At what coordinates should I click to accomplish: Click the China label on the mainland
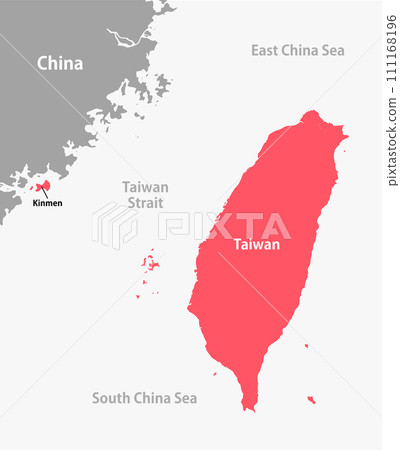[x=60, y=63]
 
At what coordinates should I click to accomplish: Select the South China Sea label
[x=144, y=398]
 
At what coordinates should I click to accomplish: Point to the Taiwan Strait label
[x=145, y=194]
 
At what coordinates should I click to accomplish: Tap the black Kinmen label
[x=47, y=203]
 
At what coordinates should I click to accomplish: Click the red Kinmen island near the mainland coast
[x=41, y=185]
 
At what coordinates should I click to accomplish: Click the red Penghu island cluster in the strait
[x=150, y=264]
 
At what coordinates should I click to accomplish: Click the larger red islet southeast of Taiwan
[x=312, y=400]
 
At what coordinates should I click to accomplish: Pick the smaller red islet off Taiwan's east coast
[x=307, y=346]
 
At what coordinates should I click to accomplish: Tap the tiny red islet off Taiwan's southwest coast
[x=214, y=375]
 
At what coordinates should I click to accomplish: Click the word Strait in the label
[x=145, y=202]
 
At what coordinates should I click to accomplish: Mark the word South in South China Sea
[x=110, y=398]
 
